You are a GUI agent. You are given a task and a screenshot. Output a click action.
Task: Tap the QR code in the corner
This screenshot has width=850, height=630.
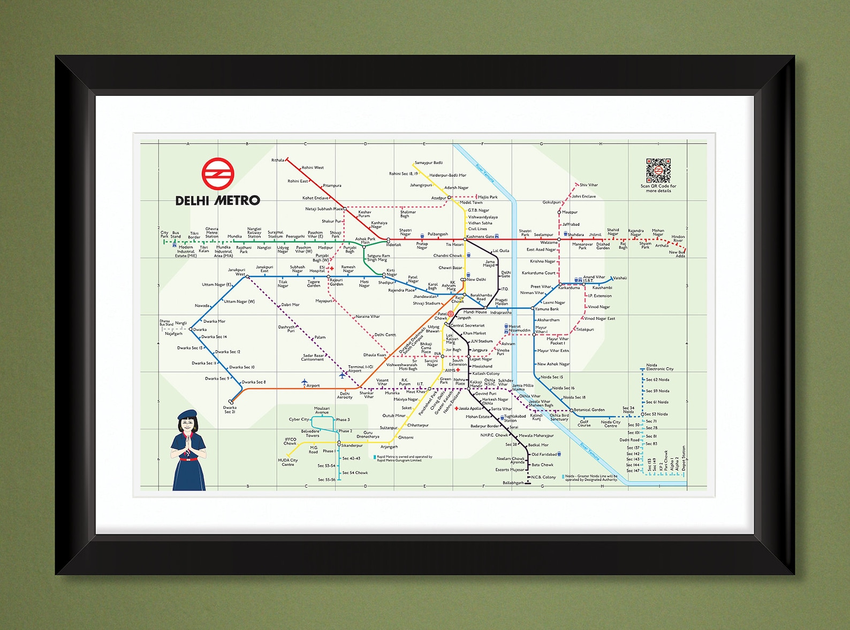[x=658, y=171]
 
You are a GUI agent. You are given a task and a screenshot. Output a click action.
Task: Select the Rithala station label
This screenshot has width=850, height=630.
[x=278, y=160]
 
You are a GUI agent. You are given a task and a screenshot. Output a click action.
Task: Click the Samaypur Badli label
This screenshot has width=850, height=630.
[x=429, y=163]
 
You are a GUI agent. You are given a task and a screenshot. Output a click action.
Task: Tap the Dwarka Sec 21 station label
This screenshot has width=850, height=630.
[x=230, y=410]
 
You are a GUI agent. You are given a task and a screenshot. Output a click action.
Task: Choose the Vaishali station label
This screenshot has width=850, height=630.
[x=620, y=278]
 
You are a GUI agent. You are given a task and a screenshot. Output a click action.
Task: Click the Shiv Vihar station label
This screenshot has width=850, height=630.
[x=589, y=185]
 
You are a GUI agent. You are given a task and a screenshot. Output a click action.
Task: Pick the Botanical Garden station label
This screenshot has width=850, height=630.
[x=589, y=410]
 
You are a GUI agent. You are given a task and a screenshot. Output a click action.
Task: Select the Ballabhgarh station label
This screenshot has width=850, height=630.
[x=513, y=483]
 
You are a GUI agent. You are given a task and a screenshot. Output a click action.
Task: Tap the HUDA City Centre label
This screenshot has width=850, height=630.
[x=288, y=462]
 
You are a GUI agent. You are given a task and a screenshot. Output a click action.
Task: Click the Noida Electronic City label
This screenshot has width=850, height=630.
[x=659, y=367]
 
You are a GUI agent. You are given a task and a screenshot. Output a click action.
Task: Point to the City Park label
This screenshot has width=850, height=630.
[x=164, y=234]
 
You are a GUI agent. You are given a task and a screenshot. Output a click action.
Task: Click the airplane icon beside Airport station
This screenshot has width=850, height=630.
[x=305, y=382]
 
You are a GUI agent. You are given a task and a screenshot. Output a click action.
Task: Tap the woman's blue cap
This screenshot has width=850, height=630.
[x=188, y=414]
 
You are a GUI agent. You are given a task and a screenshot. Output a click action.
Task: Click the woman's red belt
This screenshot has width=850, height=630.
[x=188, y=458]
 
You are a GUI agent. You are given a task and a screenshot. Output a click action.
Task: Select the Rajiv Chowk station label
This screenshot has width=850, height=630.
[x=459, y=299]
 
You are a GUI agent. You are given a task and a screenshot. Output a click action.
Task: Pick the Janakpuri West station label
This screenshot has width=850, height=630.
[x=237, y=272]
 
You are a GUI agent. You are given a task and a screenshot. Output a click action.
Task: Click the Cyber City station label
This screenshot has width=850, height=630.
[x=299, y=419]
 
